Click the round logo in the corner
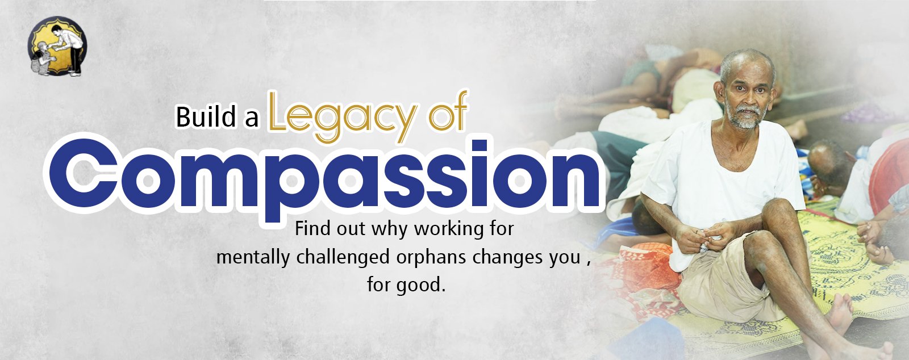(x=57, y=46)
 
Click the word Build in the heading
(x=206, y=117)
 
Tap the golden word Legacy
(x=343, y=117)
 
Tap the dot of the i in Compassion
(x=479, y=146)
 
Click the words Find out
(x=330, y=229)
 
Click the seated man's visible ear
(x=719, y=91)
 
